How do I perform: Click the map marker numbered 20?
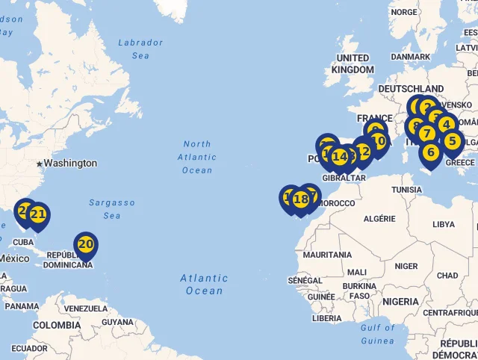(x=86, y=244)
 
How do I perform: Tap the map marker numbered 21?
(x=38, y=215)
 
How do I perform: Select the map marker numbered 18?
(x=301, y=199)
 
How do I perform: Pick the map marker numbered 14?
(x=340, y=157)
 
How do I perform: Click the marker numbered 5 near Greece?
(x=452, y=140)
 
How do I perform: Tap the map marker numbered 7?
(x=426, y=134)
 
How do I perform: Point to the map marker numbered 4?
(x=447, y=124)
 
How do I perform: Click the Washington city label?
(x=69, y=163)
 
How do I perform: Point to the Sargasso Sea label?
(x=112, y=209)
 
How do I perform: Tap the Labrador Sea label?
(x=140, y=49)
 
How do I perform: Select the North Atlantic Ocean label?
(x=197, y=157)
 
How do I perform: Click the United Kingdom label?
(x=353, y=63)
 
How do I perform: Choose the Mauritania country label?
(x=328, y=255)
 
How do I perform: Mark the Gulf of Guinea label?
(x=377, y=334)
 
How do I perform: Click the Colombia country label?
(x=57, y=325)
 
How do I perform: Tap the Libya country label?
(x=444, y=224)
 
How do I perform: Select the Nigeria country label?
(x=402, y=301)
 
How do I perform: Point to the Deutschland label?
(x=411, y=89)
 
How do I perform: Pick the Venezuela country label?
(x=86, y=308)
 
